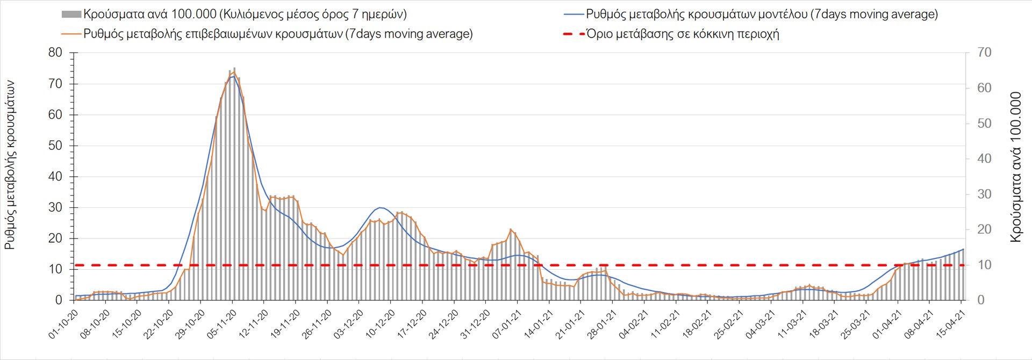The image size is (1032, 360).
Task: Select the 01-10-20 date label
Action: (63, 324)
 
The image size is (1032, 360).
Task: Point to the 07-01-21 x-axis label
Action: (506, 324)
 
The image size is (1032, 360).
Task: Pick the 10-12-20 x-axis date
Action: (380, 324)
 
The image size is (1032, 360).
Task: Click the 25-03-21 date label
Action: (855, 324)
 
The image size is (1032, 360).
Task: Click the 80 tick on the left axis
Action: (55, 53)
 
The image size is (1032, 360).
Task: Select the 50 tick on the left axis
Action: (55, 146)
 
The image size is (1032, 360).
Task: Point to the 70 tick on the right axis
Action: (984, 53)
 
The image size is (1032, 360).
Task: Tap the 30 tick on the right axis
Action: (984, 194)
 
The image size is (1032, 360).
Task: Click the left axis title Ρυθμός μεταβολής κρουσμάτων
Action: (10, 165)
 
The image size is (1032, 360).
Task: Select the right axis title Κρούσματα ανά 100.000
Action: (1015, 167)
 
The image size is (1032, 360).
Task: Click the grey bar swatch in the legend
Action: (71, 15)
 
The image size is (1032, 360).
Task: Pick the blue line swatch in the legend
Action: (574, 15)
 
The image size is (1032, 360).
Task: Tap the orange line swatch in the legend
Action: (71, 34)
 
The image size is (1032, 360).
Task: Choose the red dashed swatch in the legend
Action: (574, 34)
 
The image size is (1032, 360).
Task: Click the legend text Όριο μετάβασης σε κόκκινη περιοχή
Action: (683, 34)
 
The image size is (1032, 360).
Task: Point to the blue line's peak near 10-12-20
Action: (381, 207)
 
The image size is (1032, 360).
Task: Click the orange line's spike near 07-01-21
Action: (511, 229)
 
